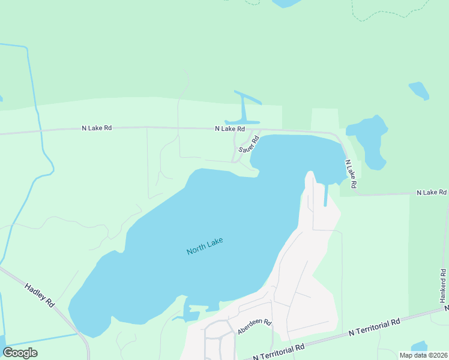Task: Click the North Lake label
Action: click(x=205, y=246)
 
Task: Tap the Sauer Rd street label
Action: click(x=248, y=145)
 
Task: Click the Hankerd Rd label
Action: click(x=443, y=285)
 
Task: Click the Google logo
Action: click(x=20, y=353)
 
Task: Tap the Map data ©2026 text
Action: click(x=423, y=355)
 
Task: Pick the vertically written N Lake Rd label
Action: click(x=351, y=175)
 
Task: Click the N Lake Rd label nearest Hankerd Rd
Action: click(x=432, y=193)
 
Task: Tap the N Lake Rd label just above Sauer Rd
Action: click(x=230, y=128)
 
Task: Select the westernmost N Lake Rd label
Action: click(x=97, y=128)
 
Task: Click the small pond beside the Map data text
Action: click(x=418, y=347)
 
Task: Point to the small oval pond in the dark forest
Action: click(x=419, y=91)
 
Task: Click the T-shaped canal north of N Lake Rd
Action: click(x=244, y=111)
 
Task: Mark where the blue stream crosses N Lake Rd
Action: click(x=41, y=130)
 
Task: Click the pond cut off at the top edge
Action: click(x=286, y=3)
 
